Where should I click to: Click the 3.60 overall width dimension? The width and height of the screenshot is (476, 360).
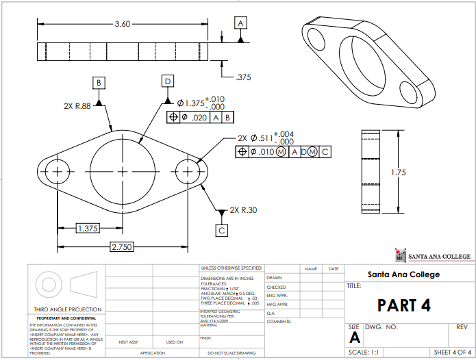pyautogui.click(x=122, y=24)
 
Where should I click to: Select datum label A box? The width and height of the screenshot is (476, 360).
pyautogui.click(x=240, y=23)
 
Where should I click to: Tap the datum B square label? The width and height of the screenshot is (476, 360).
pyautogui.click(x=99, y=83)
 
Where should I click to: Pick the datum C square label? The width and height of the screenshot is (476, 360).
pyautogui.click(x=222, y=231)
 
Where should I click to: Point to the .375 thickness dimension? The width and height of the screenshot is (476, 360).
pyautogui.click(x=242, y=77)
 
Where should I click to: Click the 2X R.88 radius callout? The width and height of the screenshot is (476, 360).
pyautogui.click(x=77, y=106)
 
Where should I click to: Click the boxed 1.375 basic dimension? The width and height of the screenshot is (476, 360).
pyautogui.click(x=86, y=228)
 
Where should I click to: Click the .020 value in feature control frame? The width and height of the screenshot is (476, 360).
pyautogui.click(x=199, y=118)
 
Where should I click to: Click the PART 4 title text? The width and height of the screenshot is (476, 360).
pyautogui.click(x=404, y=305)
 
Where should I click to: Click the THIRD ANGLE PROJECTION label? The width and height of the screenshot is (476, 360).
pyautogui.click(x=63, y=309)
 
